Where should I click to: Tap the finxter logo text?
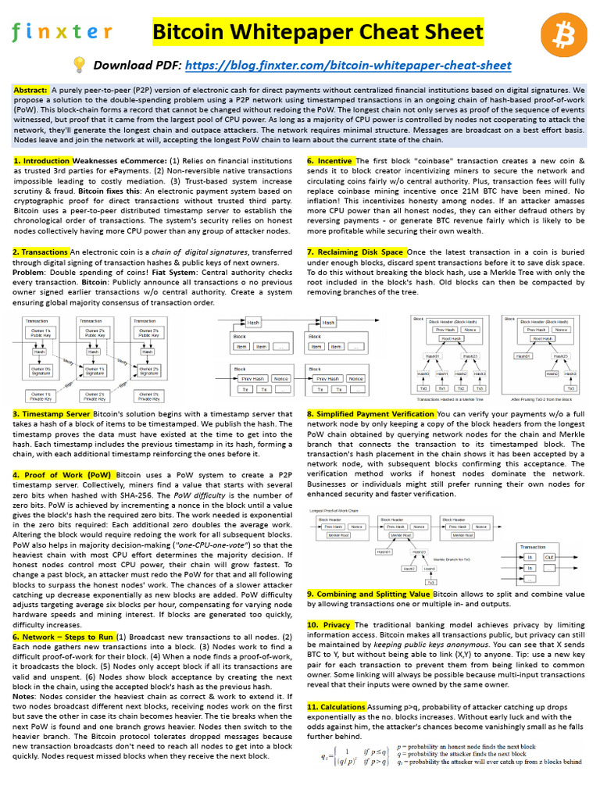point(62,32)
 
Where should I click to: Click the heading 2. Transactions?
point(41,252)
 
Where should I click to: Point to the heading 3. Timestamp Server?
point(52,414)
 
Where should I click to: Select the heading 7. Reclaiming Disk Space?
point(355,252)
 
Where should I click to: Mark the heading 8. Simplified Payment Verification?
point(371,414)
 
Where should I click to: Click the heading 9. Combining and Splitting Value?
point(369,595)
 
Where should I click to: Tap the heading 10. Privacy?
point(329,625)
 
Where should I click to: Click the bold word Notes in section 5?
point(24,697)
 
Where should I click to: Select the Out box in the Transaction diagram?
point(550,556)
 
